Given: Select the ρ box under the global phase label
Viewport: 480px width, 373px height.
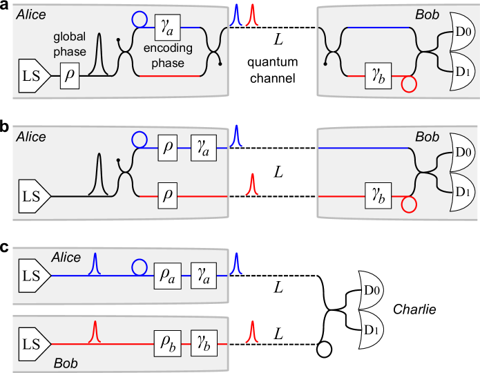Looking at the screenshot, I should (x=70, y=76).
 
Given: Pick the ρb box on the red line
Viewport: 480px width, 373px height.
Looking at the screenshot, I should (x=167, y=343).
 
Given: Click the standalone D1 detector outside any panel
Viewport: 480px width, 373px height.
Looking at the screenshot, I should (x=371, y=330).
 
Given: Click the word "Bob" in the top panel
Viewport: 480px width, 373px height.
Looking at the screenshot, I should (x=427, y=14).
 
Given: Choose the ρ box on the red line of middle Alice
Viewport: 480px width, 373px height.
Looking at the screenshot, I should (x=167, y=196).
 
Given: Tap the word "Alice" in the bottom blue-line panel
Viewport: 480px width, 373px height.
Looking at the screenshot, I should (x=66, y=258).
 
